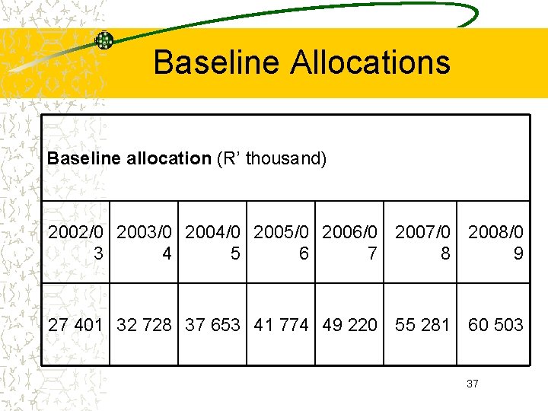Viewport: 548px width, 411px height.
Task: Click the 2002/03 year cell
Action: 75,242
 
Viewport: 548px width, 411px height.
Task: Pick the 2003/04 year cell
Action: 144,242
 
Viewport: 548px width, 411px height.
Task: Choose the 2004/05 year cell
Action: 212,242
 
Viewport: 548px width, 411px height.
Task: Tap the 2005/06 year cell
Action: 281,242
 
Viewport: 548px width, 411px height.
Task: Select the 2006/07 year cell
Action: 349,242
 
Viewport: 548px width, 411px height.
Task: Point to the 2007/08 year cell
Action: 422,242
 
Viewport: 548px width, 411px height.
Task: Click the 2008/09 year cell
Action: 495,242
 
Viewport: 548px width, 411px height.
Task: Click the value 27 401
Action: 75,325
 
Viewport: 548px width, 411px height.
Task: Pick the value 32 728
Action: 144,325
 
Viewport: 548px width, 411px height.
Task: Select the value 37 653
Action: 212,325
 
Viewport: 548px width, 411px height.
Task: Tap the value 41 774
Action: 281,325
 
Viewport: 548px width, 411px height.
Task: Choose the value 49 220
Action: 349,325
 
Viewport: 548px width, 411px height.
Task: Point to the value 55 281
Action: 422,325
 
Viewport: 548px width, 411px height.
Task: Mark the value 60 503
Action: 495,325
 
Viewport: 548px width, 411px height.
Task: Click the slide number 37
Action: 472,384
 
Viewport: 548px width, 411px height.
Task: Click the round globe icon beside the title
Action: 104,40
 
